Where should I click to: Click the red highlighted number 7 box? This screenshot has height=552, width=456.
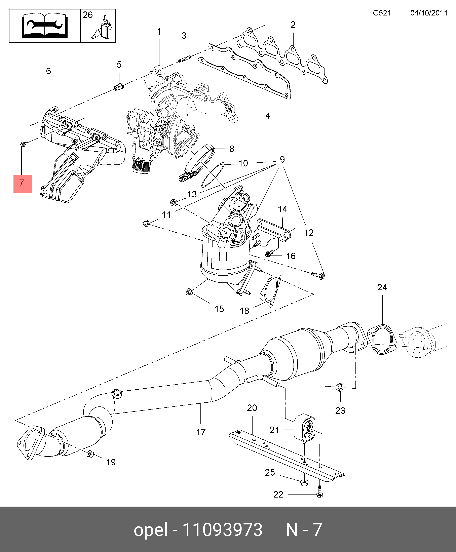point(23,184)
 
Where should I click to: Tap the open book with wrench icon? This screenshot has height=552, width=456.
point(44,26)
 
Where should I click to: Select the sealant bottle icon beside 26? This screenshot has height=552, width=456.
point(104,28)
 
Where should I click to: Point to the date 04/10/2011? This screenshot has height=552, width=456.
point(429,13)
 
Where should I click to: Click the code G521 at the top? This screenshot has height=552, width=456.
point(382,13)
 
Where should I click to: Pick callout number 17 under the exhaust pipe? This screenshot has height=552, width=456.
point(201,432)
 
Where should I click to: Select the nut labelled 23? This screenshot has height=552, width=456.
point(339,387)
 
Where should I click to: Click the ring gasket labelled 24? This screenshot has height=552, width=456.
point(382,339)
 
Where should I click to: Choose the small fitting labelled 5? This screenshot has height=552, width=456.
point(119,86)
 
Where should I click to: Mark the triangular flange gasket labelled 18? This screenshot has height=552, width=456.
point(271,290)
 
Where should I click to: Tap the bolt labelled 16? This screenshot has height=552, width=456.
point(268,254)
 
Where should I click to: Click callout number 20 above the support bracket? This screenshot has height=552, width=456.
point(252,408)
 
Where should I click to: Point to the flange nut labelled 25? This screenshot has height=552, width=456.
point(304,483)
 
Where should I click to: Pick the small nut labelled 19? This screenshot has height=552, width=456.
point(90,454)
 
